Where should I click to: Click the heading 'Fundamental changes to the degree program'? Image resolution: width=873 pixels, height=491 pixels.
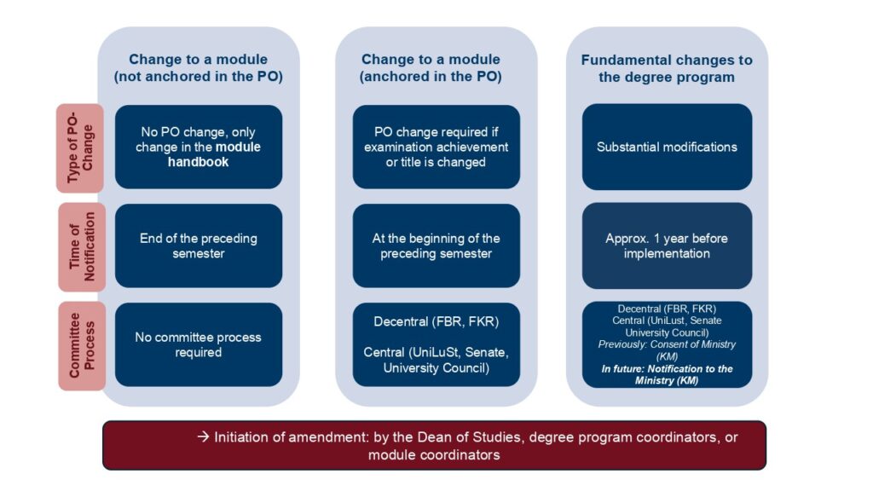[x=667, y=68]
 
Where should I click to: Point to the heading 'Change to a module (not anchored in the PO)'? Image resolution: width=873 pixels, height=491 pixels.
[x=198, y=68]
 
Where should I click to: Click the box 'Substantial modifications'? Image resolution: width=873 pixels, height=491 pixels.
[x=667, y=147]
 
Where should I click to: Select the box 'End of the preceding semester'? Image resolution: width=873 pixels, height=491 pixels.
[x=198, y=246]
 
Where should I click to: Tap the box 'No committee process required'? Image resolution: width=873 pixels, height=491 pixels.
[x=198, y=344]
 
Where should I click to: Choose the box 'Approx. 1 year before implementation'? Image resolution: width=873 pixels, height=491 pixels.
[x=667, y=246]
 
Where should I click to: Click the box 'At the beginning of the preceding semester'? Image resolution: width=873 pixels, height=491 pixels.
[x=436, y=246]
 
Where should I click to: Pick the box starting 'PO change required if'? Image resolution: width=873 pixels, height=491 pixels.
[x=436, y=147]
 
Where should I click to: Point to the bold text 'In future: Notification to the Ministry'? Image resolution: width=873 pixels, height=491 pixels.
[x=667, y=374]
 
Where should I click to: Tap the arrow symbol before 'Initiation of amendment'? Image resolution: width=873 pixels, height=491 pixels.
[x=203, y=437]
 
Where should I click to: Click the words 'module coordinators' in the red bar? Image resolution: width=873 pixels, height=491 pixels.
[x=434, y=455]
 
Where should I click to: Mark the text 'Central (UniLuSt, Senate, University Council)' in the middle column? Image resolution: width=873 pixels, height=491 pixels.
[x=436, y=361]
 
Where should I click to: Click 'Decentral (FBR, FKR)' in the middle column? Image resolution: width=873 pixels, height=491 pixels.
[x=436, y=322]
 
